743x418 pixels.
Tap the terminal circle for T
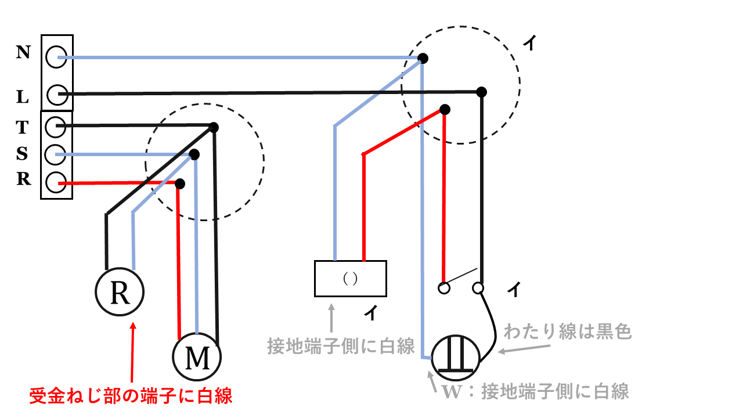55,125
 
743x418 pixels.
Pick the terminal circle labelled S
55,154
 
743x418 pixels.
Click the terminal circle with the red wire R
55,183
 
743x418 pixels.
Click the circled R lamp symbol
120,293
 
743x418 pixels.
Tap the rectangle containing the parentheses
350,279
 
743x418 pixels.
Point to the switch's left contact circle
444,288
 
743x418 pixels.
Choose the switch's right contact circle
478,288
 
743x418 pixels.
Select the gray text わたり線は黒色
568,332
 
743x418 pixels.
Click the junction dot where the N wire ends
423,58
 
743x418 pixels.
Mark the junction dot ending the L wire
481,92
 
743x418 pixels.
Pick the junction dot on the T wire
214,127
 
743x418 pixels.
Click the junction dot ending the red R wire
180,183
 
